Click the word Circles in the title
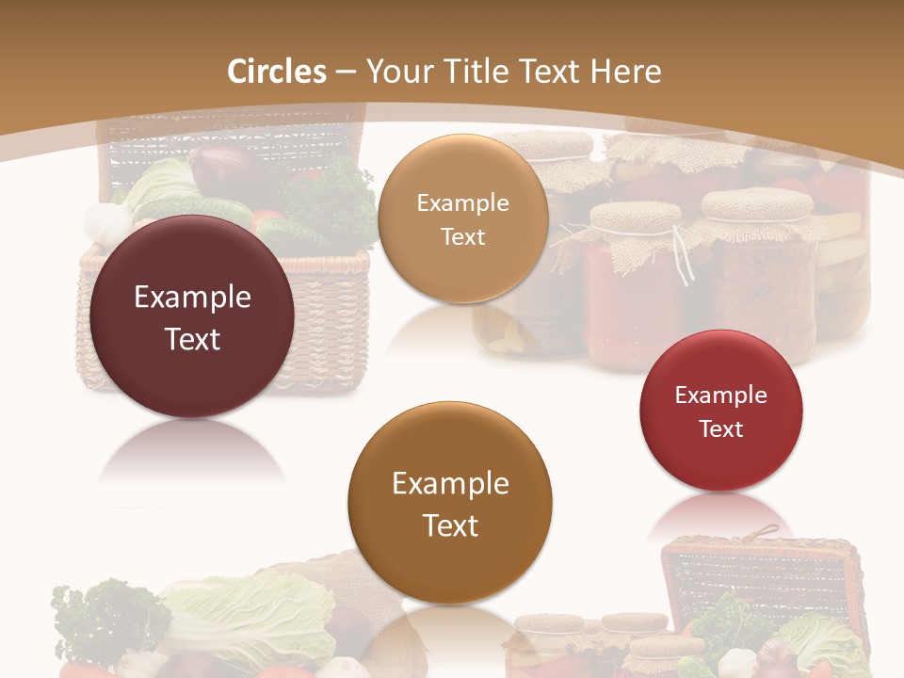[276, 72]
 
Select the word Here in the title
[625, 72]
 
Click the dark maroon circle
[192, 317]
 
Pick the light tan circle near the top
[462, 219]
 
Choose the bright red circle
[721, 411]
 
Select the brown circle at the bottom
[450, 503]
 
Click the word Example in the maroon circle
[192, 298]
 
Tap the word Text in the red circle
[721, 429]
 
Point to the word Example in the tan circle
[462, 202]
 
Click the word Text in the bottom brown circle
[450, 525]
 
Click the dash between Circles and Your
[346, 73]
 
